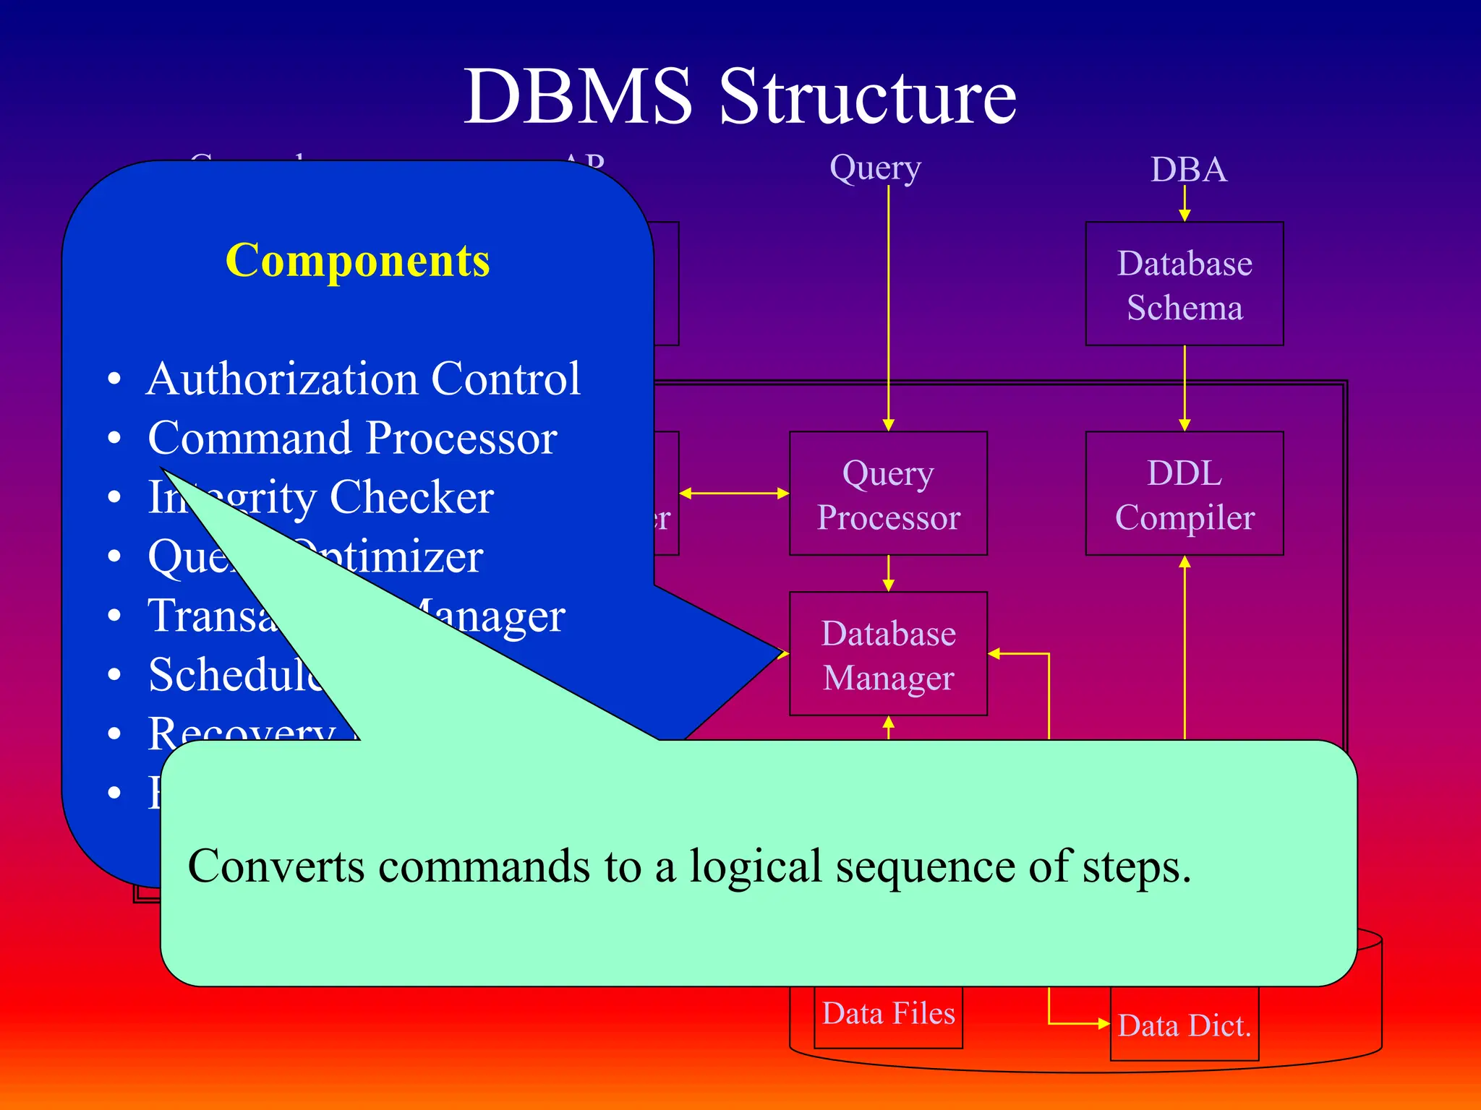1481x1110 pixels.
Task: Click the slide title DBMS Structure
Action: (x=740, y=97)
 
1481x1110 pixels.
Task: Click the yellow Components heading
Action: (x=357, y=260)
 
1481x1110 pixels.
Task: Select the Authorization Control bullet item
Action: (x=363, y=379)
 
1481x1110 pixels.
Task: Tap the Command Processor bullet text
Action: (x=352, y=438)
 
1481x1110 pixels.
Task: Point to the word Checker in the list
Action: (x=411, y=497)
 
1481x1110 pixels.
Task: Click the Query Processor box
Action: (x=888, y=494)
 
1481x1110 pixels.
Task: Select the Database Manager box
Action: (x=888, y=655)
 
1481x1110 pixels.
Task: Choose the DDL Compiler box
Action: (x=1184, y=494)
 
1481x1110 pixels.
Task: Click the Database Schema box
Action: (x=1184, y=284)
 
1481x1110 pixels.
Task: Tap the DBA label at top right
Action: (x=1188, y=171)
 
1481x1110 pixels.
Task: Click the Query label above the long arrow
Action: (x=875, y=168)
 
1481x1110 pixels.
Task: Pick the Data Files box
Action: (x=888, y=1015)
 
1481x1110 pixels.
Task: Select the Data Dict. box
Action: (x=1184, y=1025)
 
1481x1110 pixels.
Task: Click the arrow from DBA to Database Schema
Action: (x=1184, y=203)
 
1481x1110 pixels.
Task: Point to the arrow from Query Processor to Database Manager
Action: (x=888, y=573)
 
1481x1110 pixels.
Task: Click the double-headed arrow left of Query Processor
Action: (x=734, y=494)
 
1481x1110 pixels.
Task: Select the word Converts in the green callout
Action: (x=276, y=866)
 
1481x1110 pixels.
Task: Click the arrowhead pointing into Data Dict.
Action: (x=1103, y=1023)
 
